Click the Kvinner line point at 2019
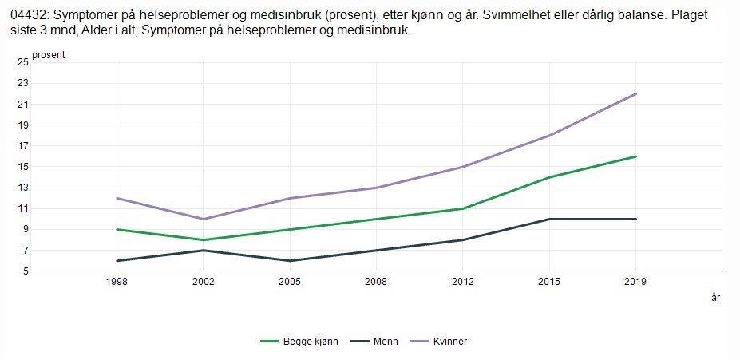(635, 93)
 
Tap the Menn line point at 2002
(204, 250)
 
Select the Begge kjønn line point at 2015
(549, 177)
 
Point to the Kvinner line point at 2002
(204, 219)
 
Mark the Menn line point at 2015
(549, 219)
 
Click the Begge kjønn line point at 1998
(117, 229)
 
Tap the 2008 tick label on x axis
(376, 282)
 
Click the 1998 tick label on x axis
(117, 282)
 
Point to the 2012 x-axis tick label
(463, 282)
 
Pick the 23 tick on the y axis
(22, 83)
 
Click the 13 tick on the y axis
(22, 188)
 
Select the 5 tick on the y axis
(25, 271)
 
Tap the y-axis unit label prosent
(48, 55)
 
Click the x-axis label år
(715, 298)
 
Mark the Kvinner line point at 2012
(463, 167)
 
